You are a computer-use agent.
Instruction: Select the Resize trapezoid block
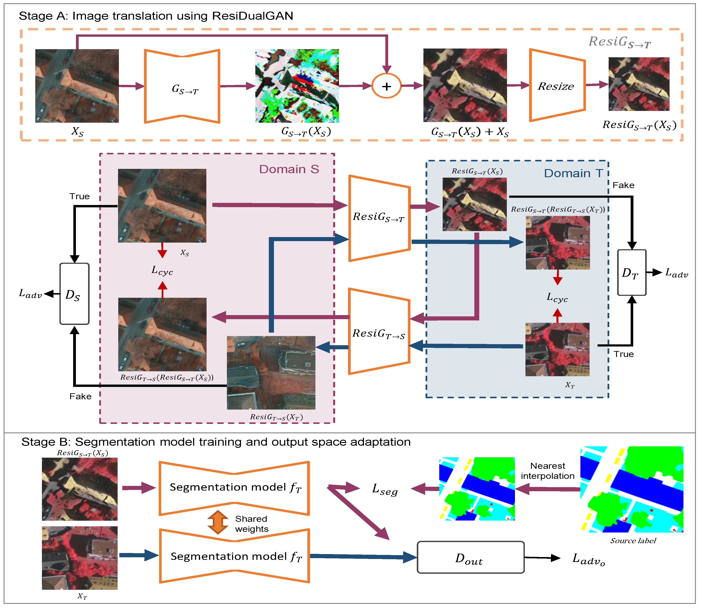[557, 86]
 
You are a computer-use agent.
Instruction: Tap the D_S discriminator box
[74, 294]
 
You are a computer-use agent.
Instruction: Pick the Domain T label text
[573, 173]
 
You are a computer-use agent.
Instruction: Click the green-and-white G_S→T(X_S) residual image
[297, 86]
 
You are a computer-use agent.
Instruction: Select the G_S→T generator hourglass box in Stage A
[182, 87]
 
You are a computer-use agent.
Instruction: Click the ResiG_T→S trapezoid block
[379, 332]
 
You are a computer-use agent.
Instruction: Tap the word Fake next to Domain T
[623, 185]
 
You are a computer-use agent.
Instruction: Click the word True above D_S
[80, 196]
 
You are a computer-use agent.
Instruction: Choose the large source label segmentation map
[632, 489]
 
